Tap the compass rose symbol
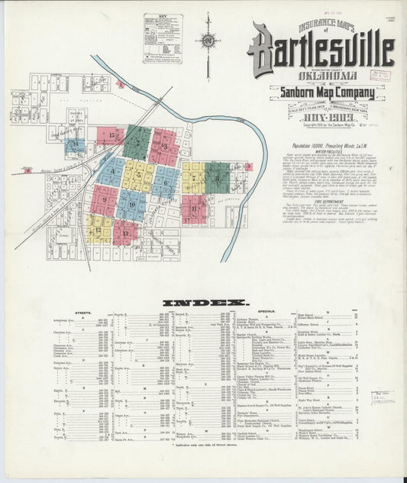pyautogui.click(x=208, y=43)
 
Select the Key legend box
pyautogui.click(x=163, y=37)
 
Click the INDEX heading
pyautogui.click(x=203, y=303)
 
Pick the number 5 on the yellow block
pyautogui.click(x=138, y=177)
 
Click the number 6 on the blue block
pyautogui.click(x=164, y=182)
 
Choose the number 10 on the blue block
pyautogui.click(x=131, y=205)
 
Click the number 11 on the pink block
pyautogui.click(x=194, y=209)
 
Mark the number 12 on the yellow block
pyautogui.click(x=98, y=229)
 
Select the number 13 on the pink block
pyautogui.click(x=124, y=232)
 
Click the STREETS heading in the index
pyautogui.click(x=84, y=313)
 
